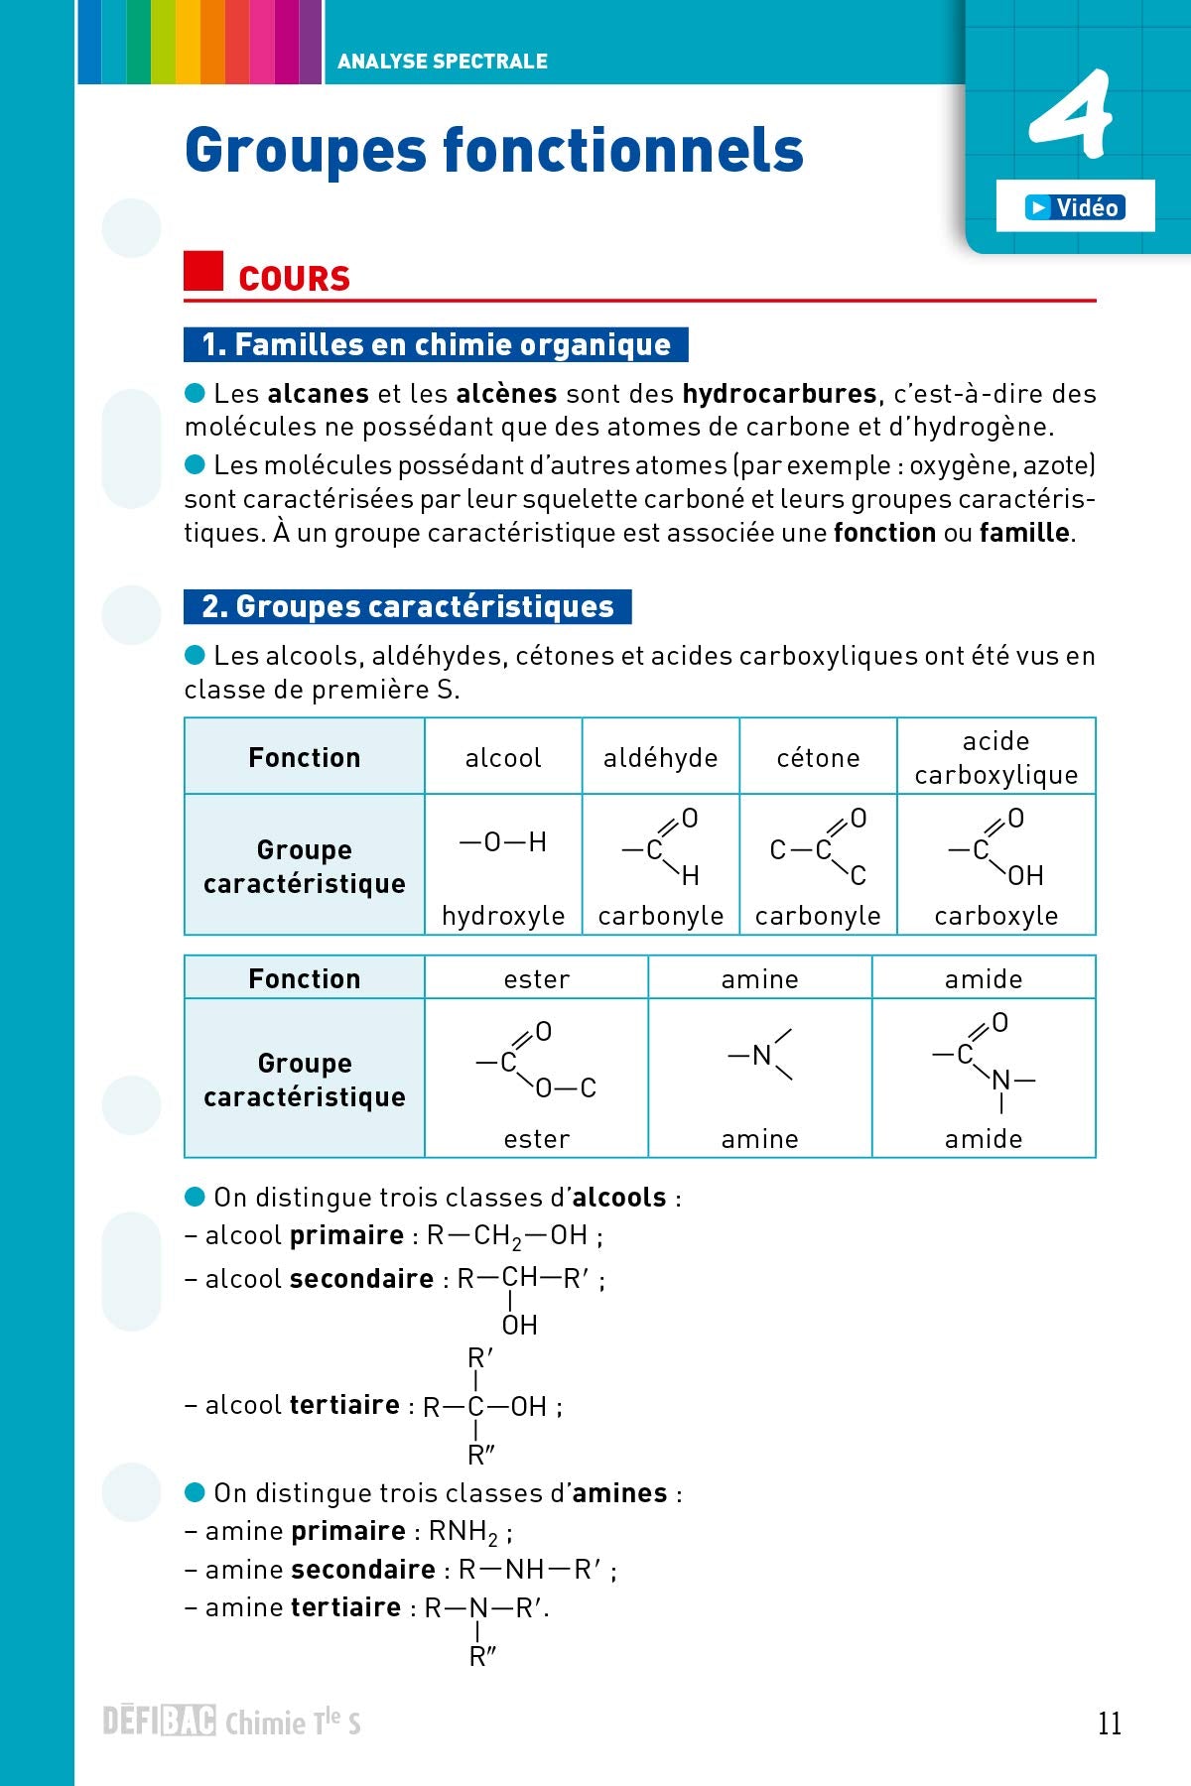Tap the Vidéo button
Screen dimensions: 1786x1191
[x=1075, y=207]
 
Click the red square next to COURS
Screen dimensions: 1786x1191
[x=203, y=271]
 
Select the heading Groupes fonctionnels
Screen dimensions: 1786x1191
[x=493, y=151]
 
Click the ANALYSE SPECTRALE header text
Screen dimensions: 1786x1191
[x=442, y=62]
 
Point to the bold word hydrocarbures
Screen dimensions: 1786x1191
[x=779, y=394]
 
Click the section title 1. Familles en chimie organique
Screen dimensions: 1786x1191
[x=436, y=345]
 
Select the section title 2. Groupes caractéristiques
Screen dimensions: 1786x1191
[x=407, y=607]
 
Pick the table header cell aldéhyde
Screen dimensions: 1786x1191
[x=660, y=758]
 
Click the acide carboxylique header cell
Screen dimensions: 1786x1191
[x=995, y=757]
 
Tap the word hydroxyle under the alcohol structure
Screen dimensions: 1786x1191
[x=503, y=915]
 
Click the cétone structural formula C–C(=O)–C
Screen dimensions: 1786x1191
[x=819, y=847]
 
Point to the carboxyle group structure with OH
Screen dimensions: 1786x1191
[x=995, y=847]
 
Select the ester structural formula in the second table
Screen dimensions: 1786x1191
[x=536, y=1062]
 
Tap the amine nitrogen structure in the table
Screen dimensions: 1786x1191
[x=760, y=1055]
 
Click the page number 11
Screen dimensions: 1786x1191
[x=1109, y=1723]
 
